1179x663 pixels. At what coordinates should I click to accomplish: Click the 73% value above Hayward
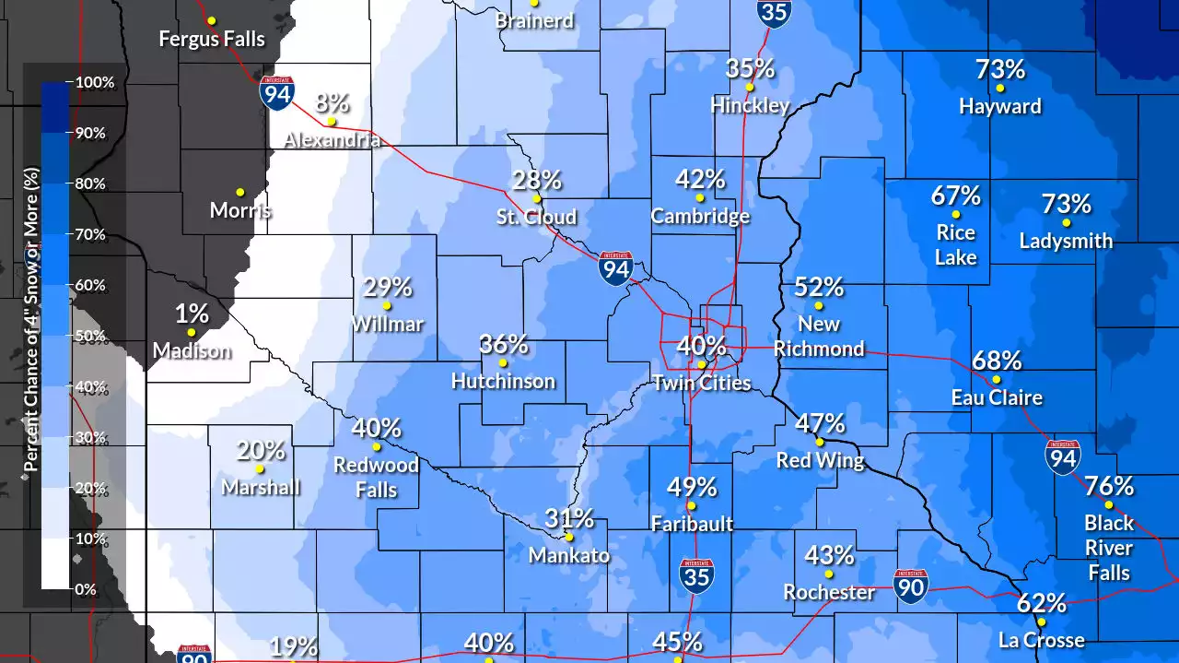point(1000,69)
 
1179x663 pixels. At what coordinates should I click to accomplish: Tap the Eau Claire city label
point(997,397)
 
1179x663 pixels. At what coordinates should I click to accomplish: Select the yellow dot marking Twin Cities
point(702,364)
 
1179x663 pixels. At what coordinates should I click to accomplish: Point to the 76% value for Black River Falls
point(1109,485)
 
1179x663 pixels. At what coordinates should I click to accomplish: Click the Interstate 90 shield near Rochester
point(910,586)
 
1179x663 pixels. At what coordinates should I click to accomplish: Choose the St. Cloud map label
point(536,217)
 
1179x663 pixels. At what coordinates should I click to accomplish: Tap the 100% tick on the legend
point(95,82)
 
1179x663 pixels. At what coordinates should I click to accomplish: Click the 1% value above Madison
point(192,314)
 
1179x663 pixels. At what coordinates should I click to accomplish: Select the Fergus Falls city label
point(212,39)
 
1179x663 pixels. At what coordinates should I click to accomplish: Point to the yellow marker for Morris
point(240,192)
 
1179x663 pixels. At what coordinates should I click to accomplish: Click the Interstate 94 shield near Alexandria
point(277,93)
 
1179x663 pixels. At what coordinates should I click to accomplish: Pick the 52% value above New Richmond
point(819,287)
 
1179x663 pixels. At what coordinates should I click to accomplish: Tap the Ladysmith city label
point(1066,241)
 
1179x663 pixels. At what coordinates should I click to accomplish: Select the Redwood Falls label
point(376,477)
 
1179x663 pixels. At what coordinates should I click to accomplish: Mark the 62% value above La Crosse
point(1042,603)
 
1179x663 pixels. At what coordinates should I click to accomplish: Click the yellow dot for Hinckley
point(750,88)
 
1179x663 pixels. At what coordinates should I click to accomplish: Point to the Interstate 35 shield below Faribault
point(695,575)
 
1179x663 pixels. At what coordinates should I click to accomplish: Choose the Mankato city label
point(568,555)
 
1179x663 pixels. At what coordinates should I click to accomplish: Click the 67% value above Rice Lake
point(955,195)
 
